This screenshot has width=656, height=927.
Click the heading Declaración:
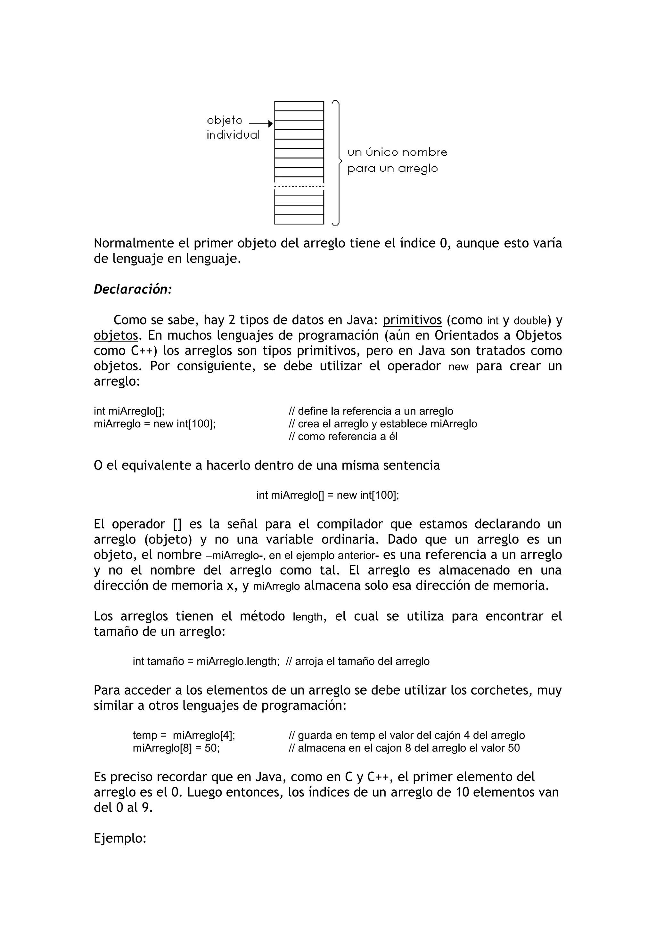tap(133, 289)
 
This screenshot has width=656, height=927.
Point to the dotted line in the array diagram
tap(299, 186)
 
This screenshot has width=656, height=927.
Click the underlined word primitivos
tap(412, 320)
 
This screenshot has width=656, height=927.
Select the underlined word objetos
tap(116, 335)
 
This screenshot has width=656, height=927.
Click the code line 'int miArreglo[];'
tap(129, 411)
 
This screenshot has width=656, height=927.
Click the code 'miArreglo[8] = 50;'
tap(176, 748)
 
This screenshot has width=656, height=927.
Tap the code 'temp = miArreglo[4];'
tap(184, 735)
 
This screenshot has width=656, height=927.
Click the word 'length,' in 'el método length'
tap(309, 617)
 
